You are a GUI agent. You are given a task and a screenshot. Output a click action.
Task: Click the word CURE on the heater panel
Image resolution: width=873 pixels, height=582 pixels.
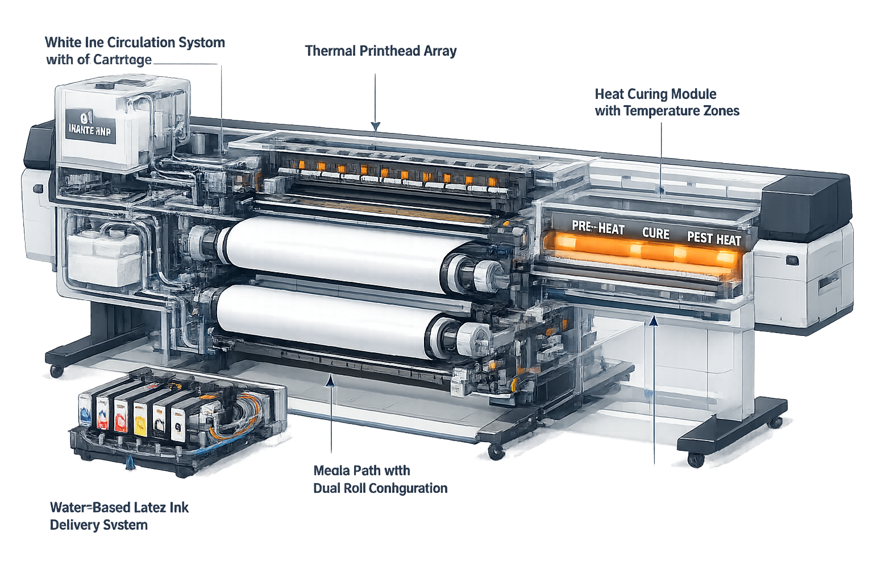pos(655,233)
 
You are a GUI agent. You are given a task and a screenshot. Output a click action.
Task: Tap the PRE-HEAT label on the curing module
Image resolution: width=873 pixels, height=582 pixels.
pos(598,228)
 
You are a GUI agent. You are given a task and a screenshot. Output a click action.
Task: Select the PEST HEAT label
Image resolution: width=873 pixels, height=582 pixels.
pos(714,238)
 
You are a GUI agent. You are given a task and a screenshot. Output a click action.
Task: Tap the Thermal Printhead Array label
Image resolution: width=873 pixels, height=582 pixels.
pos(381,51)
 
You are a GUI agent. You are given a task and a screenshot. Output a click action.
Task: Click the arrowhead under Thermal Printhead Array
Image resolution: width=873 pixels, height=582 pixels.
pos(375,126)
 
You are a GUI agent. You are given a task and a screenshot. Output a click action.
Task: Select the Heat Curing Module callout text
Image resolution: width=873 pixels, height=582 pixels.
pos(667,102)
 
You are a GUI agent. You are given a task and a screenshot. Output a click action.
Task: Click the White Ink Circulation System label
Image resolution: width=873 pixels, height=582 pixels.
pos(134,51)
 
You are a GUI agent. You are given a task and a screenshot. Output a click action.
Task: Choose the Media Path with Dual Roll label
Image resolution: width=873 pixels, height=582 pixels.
pos(380,479)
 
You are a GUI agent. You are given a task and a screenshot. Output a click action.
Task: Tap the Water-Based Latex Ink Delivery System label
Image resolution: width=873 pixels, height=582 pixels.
pos(119,516)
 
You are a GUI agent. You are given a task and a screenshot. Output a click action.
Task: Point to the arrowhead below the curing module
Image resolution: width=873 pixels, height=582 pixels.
pos(654,321)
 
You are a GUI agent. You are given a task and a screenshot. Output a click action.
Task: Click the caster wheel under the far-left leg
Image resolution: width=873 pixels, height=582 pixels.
pos(56,371)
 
